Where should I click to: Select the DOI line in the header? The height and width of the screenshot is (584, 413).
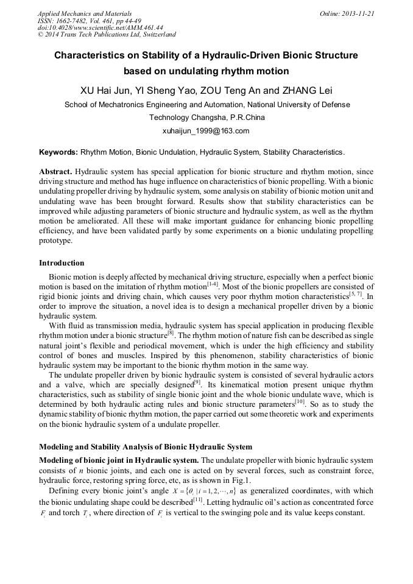point(100,28)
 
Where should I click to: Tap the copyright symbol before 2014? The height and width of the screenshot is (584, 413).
point(41,35)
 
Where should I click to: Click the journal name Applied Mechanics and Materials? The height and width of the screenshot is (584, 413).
point(84,13)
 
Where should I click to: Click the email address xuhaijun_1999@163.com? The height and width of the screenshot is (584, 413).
point(206,131)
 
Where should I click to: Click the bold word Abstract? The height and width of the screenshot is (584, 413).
point(57,172)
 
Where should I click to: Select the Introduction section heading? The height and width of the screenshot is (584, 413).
point(62,263)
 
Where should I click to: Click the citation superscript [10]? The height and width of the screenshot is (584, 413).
point(309,402)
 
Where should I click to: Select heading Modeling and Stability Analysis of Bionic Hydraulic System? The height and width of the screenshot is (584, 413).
point(145,448)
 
